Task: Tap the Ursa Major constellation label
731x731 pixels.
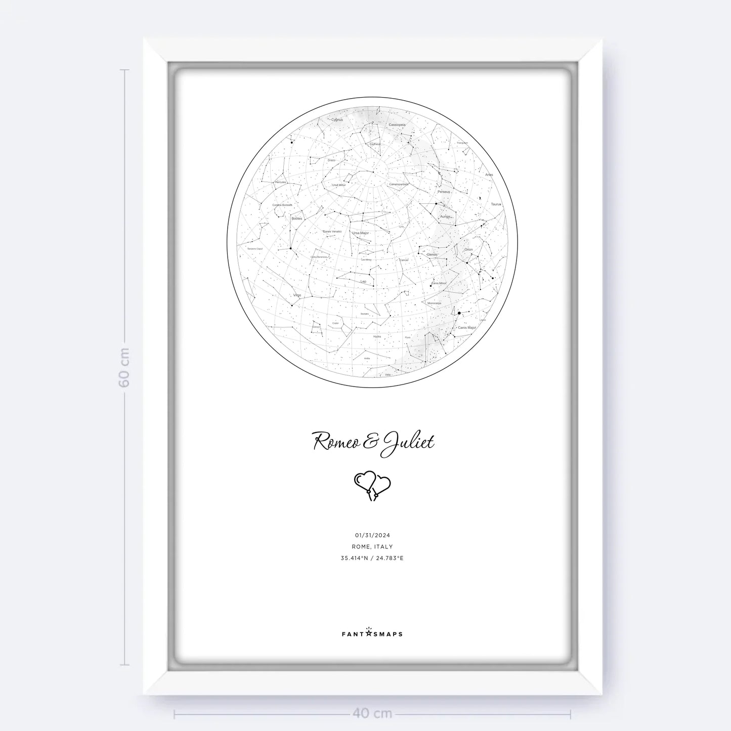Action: pos(361,233)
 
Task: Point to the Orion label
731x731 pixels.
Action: pos(468,249)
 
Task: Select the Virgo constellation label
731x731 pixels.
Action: pos(297,295)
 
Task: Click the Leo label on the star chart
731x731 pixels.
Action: pos(363,281)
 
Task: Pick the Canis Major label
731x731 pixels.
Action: pos(466,328)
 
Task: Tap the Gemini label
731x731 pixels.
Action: pos(432,254)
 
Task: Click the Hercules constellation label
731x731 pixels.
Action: pos(280,182)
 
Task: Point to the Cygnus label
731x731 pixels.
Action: pos(336,120)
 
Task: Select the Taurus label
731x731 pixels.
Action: pos(496,204)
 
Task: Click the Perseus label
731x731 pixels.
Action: pos(444,192)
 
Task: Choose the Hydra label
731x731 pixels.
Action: pos(377,336)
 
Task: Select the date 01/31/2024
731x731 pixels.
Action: pos(372,535)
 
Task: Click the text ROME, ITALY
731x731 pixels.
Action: pos(372,547)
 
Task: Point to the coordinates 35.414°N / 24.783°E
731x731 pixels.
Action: pos(372,558)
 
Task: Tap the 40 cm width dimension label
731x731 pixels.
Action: pos(372,714)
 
